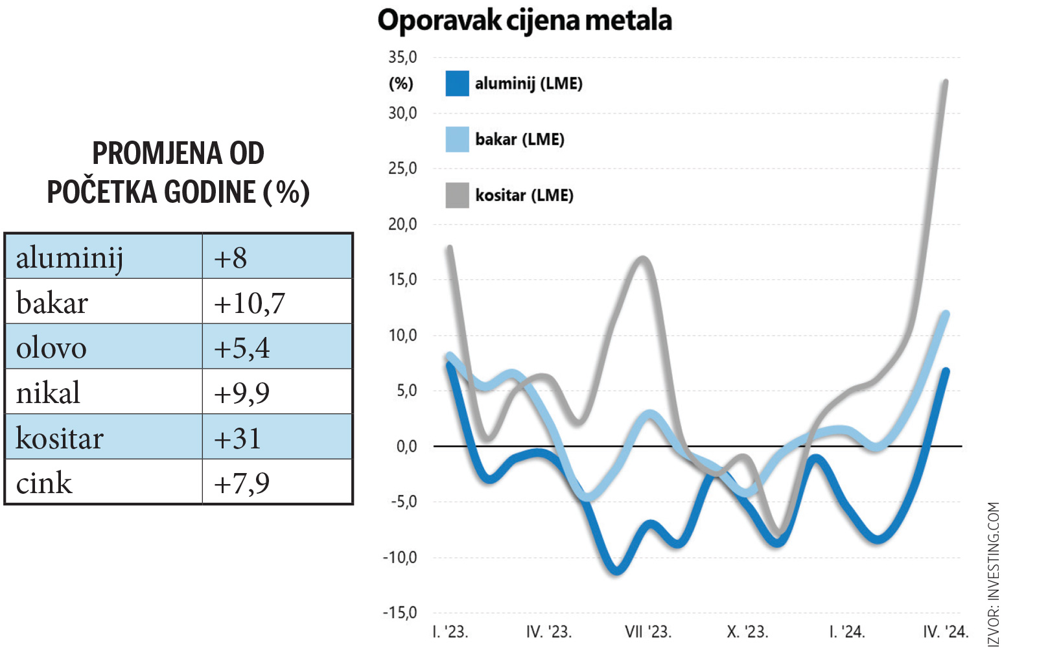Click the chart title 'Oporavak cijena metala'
[524, 21]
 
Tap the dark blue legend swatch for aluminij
[457, 84]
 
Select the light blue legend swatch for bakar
[457, 139]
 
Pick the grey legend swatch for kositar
[457, 195]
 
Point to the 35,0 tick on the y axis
[402, 58]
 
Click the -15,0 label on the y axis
[400, 612]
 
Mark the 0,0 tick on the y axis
[406, 446]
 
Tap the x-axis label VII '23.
[647, 632]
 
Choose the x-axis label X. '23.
[747, 632]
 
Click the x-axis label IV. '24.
[945, 632]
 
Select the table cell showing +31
[237, 439]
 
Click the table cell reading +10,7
[250, 303]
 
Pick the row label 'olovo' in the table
[51, 348]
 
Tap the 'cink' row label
[44, 483]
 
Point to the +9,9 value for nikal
[242, 393]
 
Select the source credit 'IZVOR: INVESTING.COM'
[994, 573]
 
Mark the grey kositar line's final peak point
[946, 82]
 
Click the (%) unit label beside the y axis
[401, 84]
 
